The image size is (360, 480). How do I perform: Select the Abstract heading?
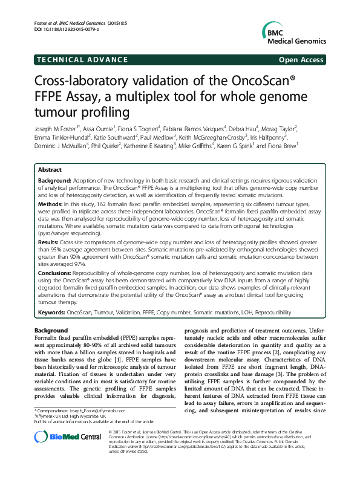click(x=50, y=170)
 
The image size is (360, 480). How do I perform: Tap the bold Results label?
click(x=50, y=241)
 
